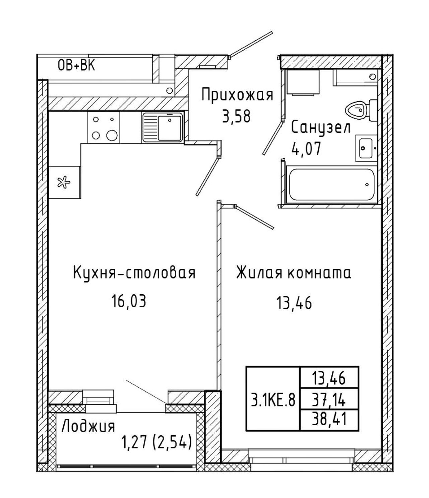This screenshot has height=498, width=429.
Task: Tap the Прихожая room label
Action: pos(238,95)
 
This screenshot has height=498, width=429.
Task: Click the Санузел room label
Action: pos(321,127)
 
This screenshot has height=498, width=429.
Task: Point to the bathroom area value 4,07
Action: pos(306,148)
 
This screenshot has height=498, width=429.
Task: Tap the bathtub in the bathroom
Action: pos(331,184)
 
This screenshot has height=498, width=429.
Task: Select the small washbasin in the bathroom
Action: pos(366,148)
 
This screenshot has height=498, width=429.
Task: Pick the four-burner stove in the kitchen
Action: pos(104,127)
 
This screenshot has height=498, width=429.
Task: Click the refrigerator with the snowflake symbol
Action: pos(64,182)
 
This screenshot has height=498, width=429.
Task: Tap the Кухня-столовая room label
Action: pos(134,273)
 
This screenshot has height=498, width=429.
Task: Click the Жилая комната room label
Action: pos(294,273)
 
